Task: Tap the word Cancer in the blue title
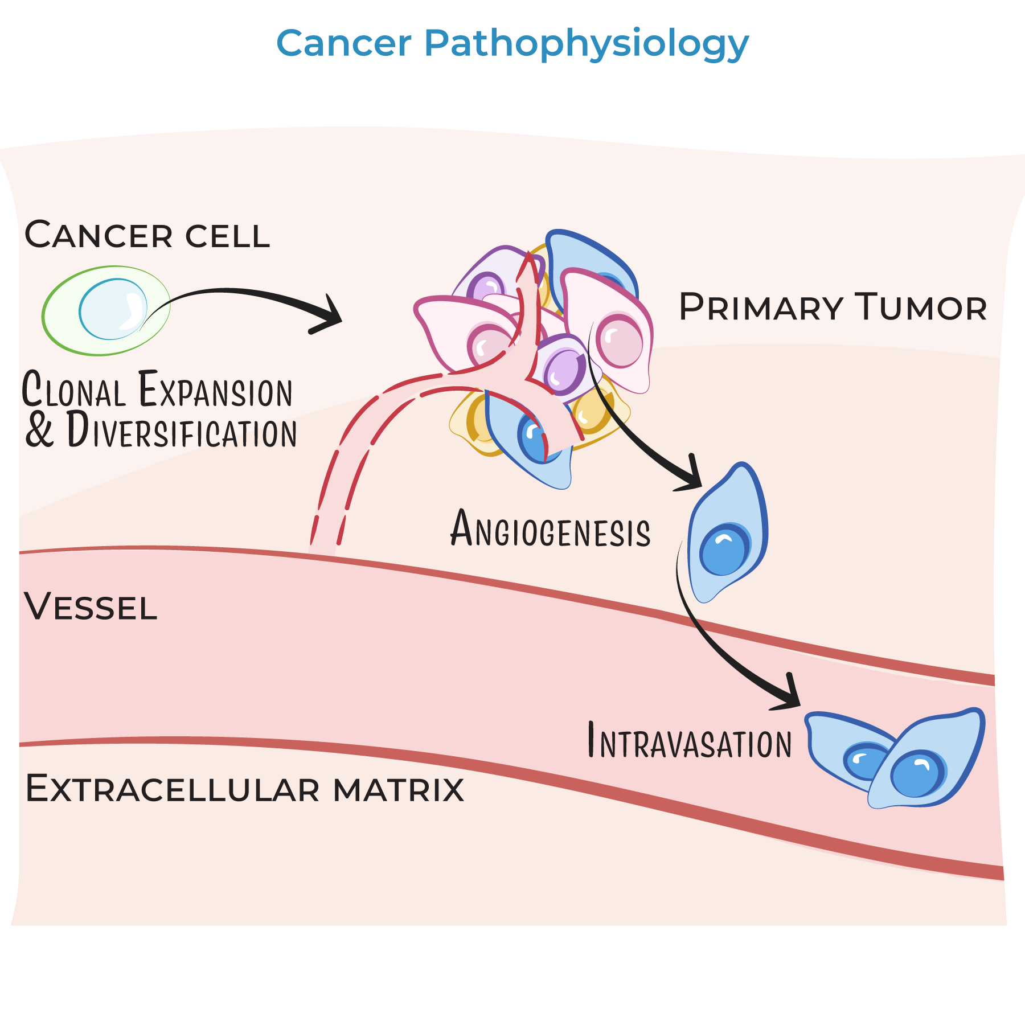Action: tap(344, 43)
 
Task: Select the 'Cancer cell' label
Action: tap(147, 235)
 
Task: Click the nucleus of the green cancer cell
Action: tap(113, 309)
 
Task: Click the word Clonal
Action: tap(74, 390)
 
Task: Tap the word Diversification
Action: tap(182, 431)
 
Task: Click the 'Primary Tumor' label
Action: tap(833, 307)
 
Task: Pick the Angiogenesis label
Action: tap(550, 530)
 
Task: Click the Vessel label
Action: tap(91, 607)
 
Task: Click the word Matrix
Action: tap(399, 790)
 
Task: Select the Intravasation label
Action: tap(690, 742)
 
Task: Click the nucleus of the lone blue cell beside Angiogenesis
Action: tap(724, 550)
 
